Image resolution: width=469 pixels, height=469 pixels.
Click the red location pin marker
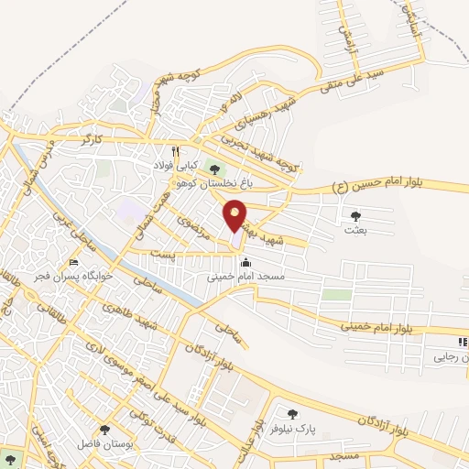[236, 216]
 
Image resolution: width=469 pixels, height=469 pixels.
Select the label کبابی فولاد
[175, 166]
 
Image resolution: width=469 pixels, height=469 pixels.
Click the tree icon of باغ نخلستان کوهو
[215, 169]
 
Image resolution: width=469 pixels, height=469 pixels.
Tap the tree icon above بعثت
[355, 216]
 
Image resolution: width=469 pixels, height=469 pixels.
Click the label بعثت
[355, 231]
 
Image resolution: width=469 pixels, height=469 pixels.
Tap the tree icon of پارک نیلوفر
[292, 415]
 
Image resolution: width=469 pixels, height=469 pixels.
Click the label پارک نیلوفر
[293, 429]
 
